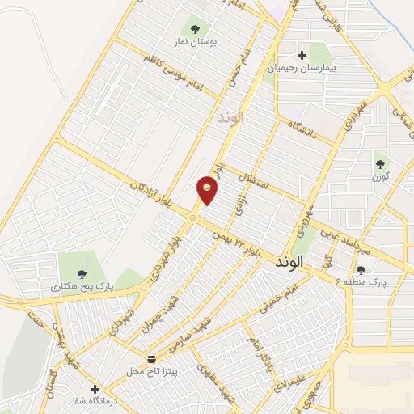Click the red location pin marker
click(207, 190)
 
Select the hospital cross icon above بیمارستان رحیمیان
click(302, 56)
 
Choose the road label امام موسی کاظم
click(176, 71)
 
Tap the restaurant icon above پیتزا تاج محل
click(152, 357)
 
